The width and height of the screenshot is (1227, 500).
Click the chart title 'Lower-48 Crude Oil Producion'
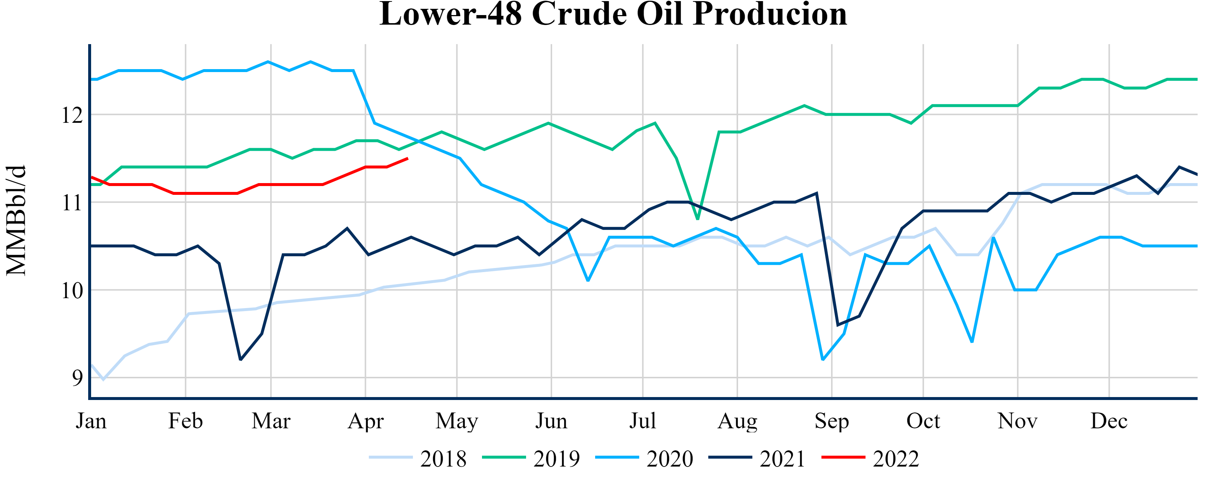click(613, 14)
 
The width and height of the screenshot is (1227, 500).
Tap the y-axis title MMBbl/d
click(16, 220)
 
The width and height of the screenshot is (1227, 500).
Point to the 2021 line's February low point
click(241, 360)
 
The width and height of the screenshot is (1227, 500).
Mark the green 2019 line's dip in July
click(698, 219)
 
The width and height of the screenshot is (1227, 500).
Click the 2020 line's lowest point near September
click(823, 360)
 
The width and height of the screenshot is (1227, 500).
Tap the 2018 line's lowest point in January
click(103, 379)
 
